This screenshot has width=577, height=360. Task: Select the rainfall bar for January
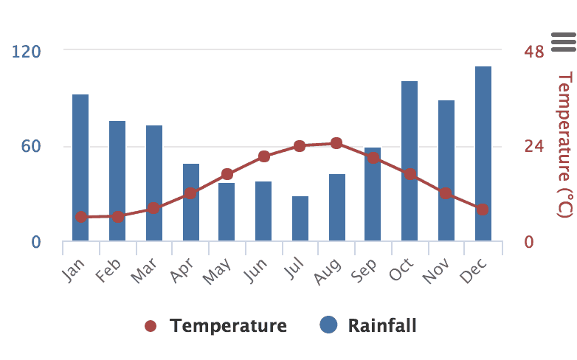tap(80, 167)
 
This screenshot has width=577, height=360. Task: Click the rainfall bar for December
tap(483, 153)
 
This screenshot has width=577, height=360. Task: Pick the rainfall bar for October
tap(410, 161)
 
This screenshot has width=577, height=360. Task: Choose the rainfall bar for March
tap(154, 183)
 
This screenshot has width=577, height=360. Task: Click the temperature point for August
tap(336, 143)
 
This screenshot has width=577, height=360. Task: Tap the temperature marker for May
tap(227, 175)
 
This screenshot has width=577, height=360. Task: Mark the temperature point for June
tap(264, 156)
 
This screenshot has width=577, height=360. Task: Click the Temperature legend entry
tap(215, 325)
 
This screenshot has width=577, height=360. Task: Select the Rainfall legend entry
tap(368, 325)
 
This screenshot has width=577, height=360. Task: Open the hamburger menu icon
tap(562, 42)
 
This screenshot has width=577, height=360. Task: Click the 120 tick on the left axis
tap(26, 51)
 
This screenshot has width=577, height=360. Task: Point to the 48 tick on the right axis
tap(534, 51)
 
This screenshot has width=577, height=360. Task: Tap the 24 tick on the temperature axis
tap(534, 147)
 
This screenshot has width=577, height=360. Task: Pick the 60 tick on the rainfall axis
tap(30, 147)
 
